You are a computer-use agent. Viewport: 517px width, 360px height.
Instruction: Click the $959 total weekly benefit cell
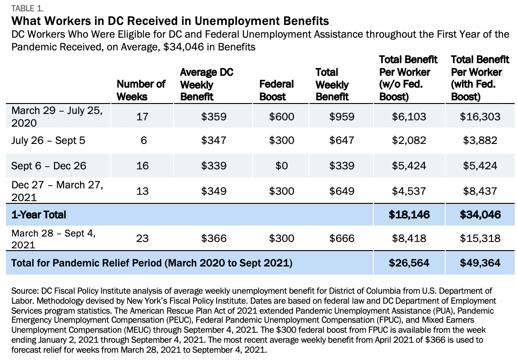(x=342, y=117)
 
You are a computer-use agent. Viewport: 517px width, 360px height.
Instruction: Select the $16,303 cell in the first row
(x=480, y=117)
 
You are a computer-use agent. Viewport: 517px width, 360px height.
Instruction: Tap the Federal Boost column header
(x=276, y=90)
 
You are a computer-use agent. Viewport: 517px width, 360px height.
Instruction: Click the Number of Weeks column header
(x=141, y=90)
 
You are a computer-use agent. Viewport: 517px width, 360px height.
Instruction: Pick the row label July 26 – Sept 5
(x=48, y=140)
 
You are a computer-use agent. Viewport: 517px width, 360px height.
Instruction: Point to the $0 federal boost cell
(x=282, y=165)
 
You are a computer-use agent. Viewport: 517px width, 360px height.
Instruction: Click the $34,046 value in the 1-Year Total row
(x=480, y=215)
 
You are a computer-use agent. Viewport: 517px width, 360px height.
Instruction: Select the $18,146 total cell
(x=409, y=215)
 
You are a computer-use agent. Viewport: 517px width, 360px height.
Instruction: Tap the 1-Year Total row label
(x=39, y=215)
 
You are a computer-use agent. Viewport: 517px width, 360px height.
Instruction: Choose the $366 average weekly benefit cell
(x=214, y=238)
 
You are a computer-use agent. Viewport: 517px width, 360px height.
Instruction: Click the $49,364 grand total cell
(x=480, y=263)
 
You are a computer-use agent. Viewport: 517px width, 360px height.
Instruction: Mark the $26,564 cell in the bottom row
(x=409, y=263)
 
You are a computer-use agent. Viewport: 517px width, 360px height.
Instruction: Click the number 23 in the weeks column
(x=143, y=238)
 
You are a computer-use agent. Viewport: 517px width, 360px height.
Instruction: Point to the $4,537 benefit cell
(x=409, y=191)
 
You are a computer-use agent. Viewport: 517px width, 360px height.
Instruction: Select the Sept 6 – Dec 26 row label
(x=49, y=165)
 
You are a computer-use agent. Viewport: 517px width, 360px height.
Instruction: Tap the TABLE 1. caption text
(x=27, y=8)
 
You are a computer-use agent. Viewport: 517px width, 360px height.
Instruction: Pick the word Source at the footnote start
(x=25, y=291)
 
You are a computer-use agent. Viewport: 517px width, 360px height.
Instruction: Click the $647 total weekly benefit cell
(x=342, y=140)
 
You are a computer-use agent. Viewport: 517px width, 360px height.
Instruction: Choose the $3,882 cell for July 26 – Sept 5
(x=480, y=140)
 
